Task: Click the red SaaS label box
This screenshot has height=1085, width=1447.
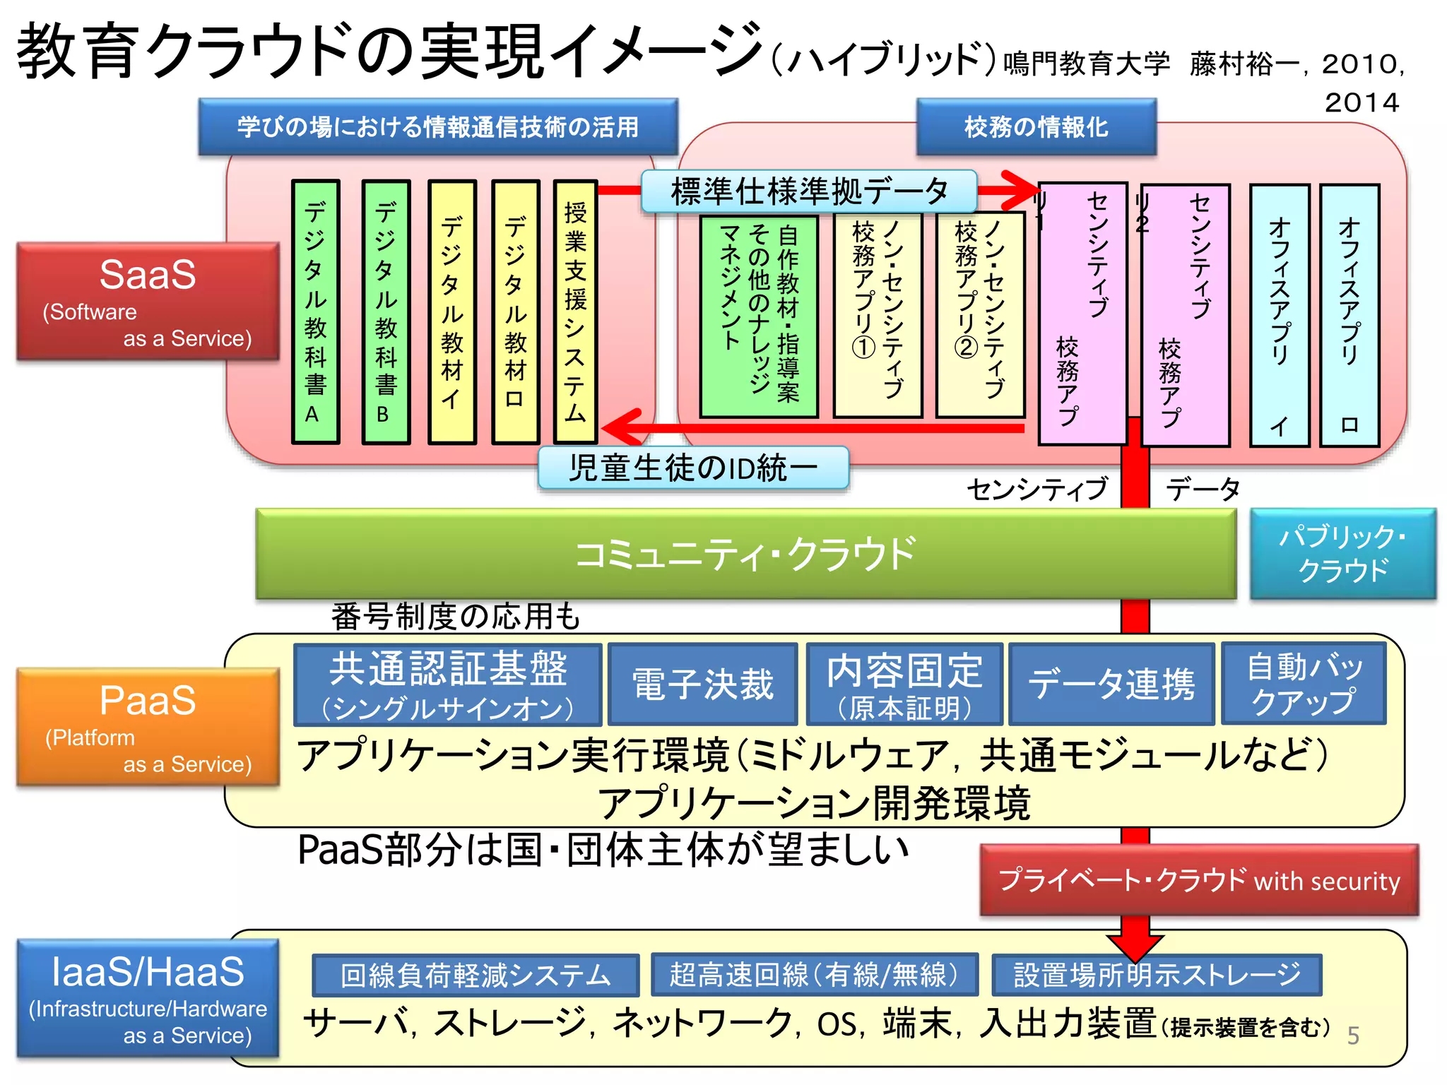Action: (148, 302)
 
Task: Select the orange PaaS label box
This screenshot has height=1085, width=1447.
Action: (148, 727)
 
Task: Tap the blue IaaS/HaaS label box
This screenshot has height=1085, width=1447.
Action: (148, 997)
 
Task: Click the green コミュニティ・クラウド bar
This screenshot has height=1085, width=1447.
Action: (745, 554)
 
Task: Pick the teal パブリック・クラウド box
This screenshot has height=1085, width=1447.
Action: (1342, 554)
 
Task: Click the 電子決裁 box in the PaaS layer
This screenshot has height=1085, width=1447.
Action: (702, 684)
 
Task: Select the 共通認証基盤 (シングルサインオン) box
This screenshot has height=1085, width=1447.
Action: (448, 684)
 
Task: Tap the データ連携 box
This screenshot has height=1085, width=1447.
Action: (1111, 684)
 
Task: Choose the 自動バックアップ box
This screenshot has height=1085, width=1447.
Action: (1304, 683)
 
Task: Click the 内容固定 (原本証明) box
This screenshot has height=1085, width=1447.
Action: (904, 684)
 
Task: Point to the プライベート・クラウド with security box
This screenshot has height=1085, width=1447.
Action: (1199, 880)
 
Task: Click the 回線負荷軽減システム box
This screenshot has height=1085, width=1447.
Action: (476, 976)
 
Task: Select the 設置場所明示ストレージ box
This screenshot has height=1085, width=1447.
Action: (1157, 975)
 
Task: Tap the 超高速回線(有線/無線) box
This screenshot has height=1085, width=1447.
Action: (814, 975)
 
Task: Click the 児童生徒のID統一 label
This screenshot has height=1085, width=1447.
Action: (693, 468)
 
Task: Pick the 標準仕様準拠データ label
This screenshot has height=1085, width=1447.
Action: (809, 191)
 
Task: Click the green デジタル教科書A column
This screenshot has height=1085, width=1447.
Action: (315, 312)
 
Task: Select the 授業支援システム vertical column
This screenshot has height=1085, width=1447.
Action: (575, 312)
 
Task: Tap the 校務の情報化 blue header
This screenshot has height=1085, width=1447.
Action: (1036, 127)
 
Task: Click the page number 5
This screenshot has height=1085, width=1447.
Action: (1353, 1036)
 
